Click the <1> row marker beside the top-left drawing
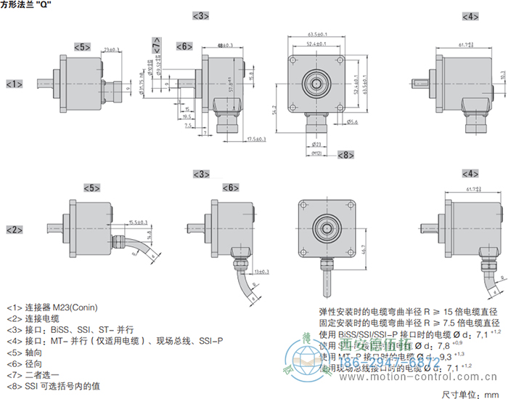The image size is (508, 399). click(x=15, y=84)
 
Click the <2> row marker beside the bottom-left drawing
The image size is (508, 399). click(x=15, y=230)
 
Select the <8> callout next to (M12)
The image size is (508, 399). click(x=345, y=155)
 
